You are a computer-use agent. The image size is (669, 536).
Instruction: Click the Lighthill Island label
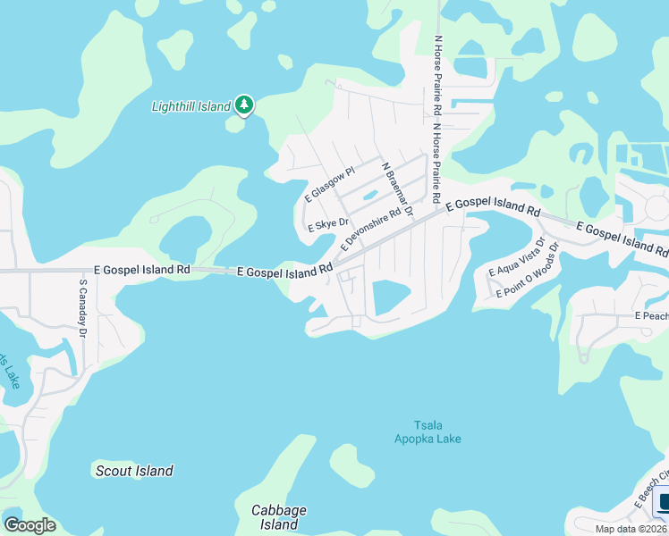[191, 106]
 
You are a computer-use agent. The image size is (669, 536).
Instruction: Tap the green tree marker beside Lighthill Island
[244, 105]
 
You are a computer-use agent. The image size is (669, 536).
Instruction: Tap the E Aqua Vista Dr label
[516, 257]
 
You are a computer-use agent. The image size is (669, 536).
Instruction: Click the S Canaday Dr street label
[82, 307]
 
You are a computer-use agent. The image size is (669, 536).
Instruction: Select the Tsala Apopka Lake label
[428, 431]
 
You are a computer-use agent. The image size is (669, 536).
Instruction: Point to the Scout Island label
[134, 471]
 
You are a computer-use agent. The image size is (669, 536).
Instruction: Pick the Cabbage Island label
[278, 517]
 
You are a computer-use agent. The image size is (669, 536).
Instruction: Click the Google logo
[30, 524]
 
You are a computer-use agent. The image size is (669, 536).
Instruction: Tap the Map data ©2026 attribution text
[631, 529]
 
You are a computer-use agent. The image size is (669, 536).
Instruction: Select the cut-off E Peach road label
[651, 316]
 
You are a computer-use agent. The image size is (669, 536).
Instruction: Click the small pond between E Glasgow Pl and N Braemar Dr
[368, 196]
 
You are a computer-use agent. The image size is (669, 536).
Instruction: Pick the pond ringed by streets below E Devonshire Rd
[390, 297]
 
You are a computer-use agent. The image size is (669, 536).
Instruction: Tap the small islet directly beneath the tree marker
[235, 123]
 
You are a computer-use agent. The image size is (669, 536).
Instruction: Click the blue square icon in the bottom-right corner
[663, 502]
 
